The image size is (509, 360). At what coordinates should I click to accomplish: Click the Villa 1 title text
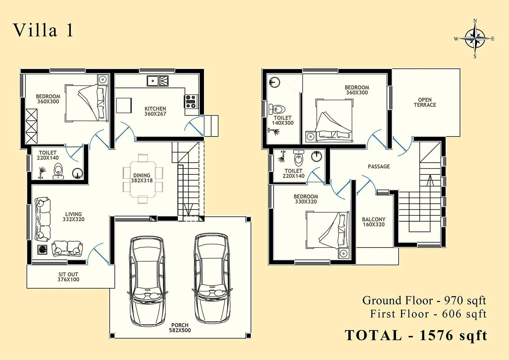tap(43, 31)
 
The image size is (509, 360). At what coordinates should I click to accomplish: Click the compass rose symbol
tap(475, 39)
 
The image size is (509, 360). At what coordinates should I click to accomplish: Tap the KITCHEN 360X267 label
tap(155, 111)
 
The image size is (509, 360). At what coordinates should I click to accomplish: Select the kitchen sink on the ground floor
tap(158, 81)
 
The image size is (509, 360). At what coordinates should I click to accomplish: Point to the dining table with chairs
tap(143, 178)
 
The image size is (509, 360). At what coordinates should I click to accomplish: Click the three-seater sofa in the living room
tap(42, 219)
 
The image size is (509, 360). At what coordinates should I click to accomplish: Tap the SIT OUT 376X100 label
tap(68, 277)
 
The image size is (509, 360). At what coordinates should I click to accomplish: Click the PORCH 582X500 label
tap(180, 328)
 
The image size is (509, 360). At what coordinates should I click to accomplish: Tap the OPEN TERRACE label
tap(425, 102)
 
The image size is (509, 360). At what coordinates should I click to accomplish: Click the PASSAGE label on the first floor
tap(379, 166)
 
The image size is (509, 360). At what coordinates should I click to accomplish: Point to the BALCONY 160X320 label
tap(373, 222)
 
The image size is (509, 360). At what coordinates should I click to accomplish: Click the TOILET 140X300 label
tap(282, 120)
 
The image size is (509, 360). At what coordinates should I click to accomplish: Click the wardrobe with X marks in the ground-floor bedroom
tap(31, 126)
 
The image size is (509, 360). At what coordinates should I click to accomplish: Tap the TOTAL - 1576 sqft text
tap(416, 335)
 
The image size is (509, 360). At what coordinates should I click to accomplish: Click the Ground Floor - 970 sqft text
tap(424, 300)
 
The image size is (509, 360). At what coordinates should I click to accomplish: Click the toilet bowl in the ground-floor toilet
tap(58, 169)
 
